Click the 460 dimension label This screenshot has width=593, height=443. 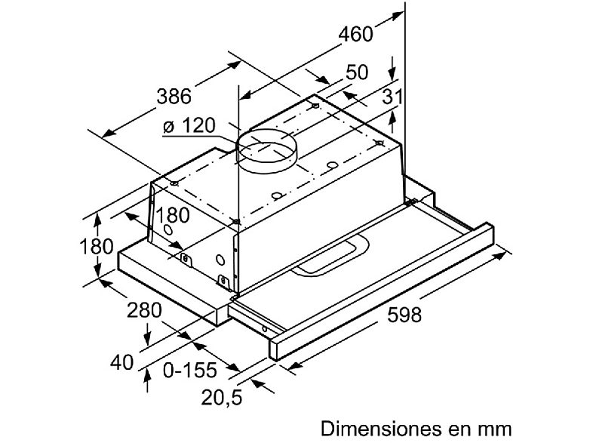[x=356, y=34]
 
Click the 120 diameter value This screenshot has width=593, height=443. [x=198, y=126]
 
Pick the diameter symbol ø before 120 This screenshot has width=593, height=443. [x=169, y=127]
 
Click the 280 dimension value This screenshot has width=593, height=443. [x=145, y=309]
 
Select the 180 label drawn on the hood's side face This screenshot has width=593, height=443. [x=172, y=214]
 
